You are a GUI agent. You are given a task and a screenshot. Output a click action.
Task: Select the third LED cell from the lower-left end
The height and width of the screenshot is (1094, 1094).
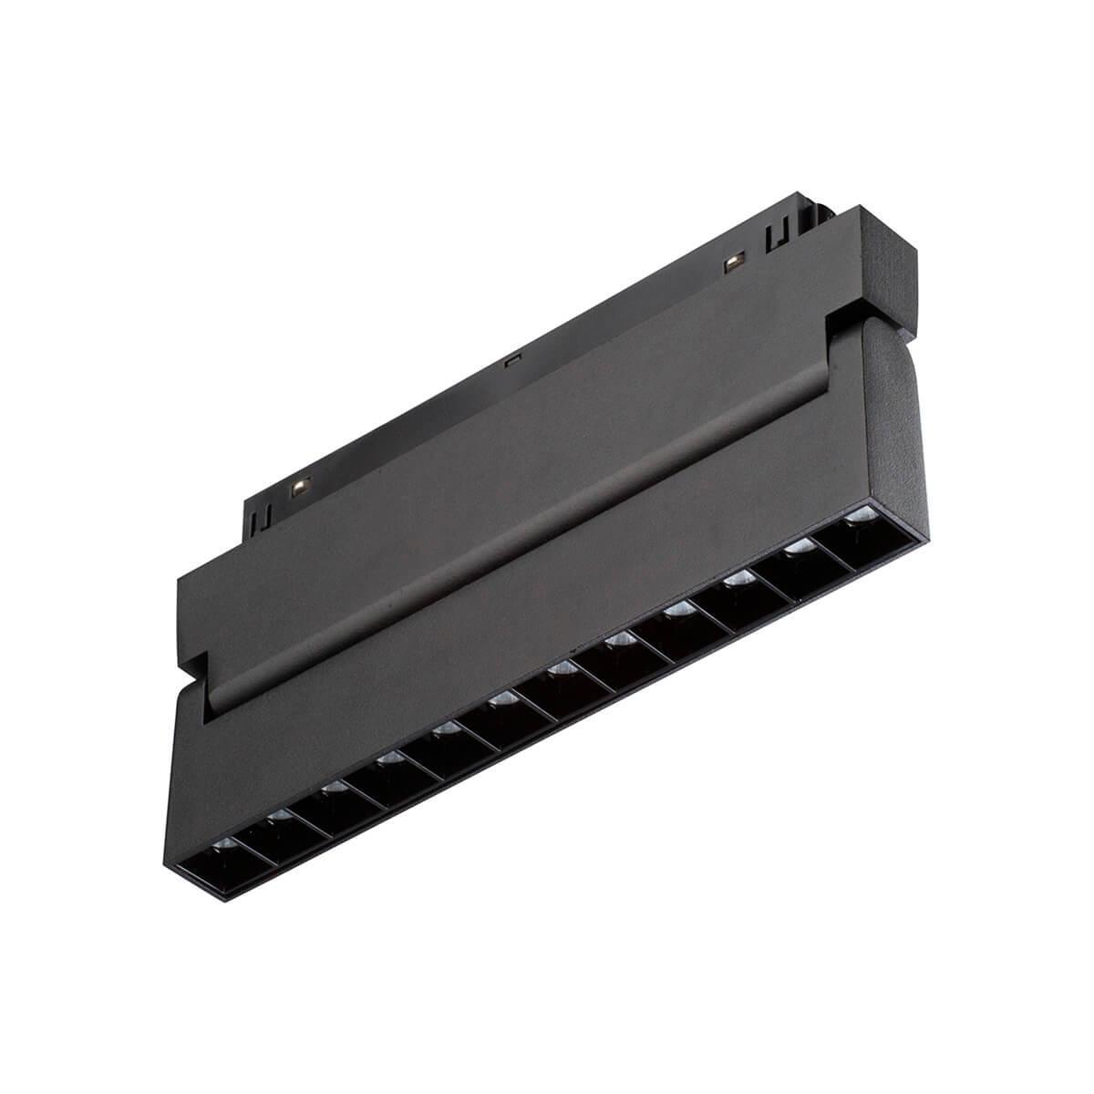(x=328, y=799)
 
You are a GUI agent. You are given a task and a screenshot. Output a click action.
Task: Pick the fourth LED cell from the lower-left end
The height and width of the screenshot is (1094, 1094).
(x=386, y=771)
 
